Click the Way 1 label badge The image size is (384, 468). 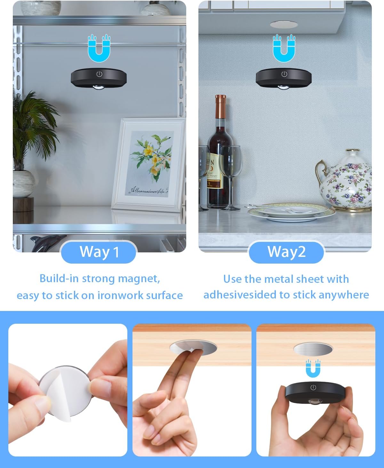pos(99,252)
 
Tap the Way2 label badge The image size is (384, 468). pos(286,252)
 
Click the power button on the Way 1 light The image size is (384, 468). pos(99,74)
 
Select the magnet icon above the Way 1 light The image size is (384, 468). pos(99,48)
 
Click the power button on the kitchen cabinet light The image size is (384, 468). pos(284,74)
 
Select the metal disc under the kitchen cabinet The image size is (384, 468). pos(284,25)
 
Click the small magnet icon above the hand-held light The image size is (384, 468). pos(313,368)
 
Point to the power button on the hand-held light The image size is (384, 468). pos(313,388)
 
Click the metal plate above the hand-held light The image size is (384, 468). pos(313,349)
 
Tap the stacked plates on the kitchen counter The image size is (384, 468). pos(291,212)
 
